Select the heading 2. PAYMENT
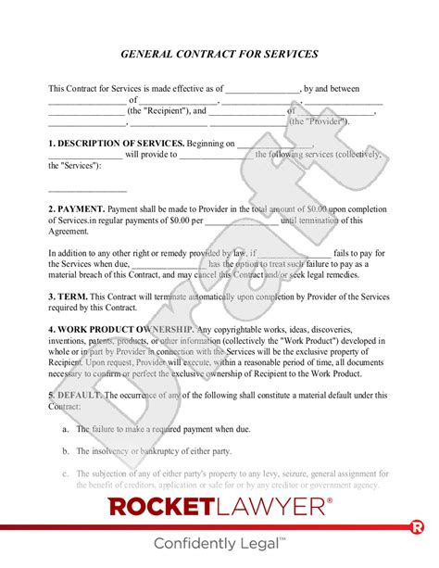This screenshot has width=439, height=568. click(76, 209)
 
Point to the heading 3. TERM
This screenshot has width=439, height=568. click(68, 297)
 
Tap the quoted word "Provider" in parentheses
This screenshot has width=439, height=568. click(317, 121)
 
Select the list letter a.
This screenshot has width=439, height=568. click(65, 429)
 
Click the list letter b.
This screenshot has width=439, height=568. click(65, 451)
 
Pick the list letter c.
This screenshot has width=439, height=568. click(65, 473)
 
